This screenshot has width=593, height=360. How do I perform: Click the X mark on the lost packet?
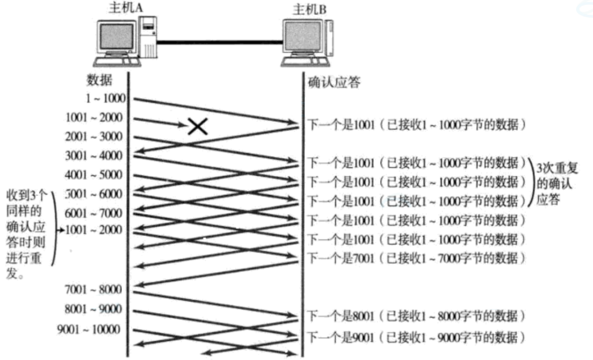197,126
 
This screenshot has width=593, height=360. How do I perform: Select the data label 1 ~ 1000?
105,99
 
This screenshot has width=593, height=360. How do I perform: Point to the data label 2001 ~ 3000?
94,137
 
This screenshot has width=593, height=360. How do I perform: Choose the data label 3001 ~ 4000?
94,155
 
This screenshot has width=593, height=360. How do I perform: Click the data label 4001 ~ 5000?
94,175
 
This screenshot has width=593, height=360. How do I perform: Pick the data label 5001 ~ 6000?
94,194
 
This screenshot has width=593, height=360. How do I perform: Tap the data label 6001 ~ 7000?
94,213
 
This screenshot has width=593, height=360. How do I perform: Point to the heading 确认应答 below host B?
334,83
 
